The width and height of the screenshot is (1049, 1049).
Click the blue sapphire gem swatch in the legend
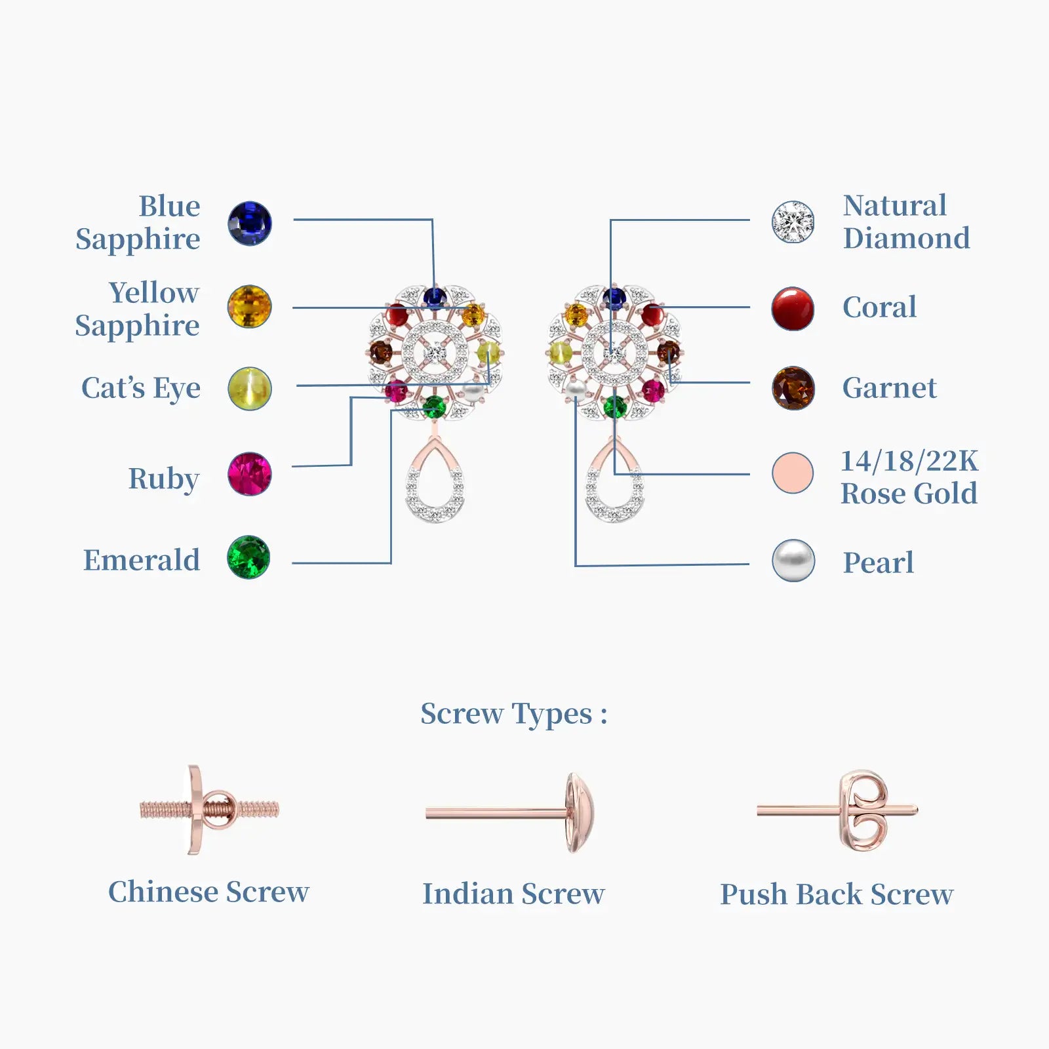(x=249, y=224)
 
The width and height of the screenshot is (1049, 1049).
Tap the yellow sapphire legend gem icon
(x=249, y=307)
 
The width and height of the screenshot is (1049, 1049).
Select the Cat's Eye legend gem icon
(x=249, y=388)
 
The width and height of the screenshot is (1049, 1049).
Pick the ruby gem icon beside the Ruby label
(x=249, y=474)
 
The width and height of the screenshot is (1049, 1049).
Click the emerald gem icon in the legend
(x=248, y=557)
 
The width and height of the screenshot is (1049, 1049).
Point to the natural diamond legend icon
(x=793, y=222)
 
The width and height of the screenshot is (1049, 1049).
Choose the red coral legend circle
(x=793, y=308)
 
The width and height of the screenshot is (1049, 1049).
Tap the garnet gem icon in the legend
(x=793, y=388)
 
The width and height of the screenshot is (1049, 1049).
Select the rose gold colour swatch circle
(x=793, y=473)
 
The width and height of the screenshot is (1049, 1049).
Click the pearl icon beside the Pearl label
(x=793, y=561)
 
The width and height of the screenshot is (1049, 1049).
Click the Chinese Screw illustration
(x=208, y=810)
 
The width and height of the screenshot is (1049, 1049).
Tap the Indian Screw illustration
(x=510, y=813)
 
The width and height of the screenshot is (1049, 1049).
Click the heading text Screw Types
(x=513, y=714)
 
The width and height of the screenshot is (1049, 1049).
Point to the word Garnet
(x=889, y=388)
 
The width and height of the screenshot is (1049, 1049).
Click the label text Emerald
(x=142, y=561)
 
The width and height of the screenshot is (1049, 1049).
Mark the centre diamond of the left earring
(x=435, y=353)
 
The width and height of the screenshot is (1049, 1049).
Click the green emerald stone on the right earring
(x=614, y=407)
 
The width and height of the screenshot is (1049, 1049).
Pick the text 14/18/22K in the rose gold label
(x=909, y=461)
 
